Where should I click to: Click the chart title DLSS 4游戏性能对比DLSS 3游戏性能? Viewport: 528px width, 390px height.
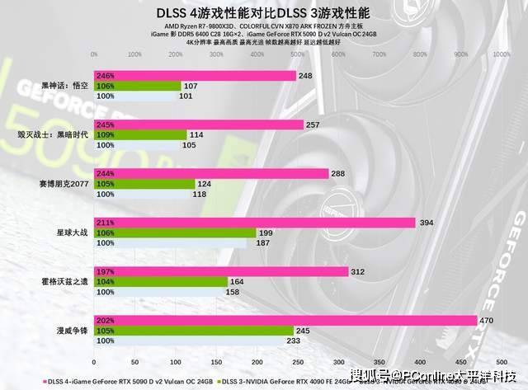pyautogui.click(x=264, y=12)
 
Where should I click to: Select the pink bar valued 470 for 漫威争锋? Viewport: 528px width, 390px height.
pyautogui.click(x=285, y=320)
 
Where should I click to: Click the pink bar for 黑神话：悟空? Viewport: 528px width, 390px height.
pyautogui.click(x=195, y=76)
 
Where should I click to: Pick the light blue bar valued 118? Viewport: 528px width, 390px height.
pyautogui.click(x=142, y=195)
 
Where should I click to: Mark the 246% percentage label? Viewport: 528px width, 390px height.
pyautogui.click(x=106, y=76)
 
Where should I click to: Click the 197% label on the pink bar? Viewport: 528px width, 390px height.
pyautogui.click(x=106, y=271)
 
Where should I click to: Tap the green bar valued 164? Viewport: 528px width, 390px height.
pyautogui.click(x=161, y=281)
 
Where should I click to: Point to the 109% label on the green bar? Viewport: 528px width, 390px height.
pyautogui.click(x=106, y=134)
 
